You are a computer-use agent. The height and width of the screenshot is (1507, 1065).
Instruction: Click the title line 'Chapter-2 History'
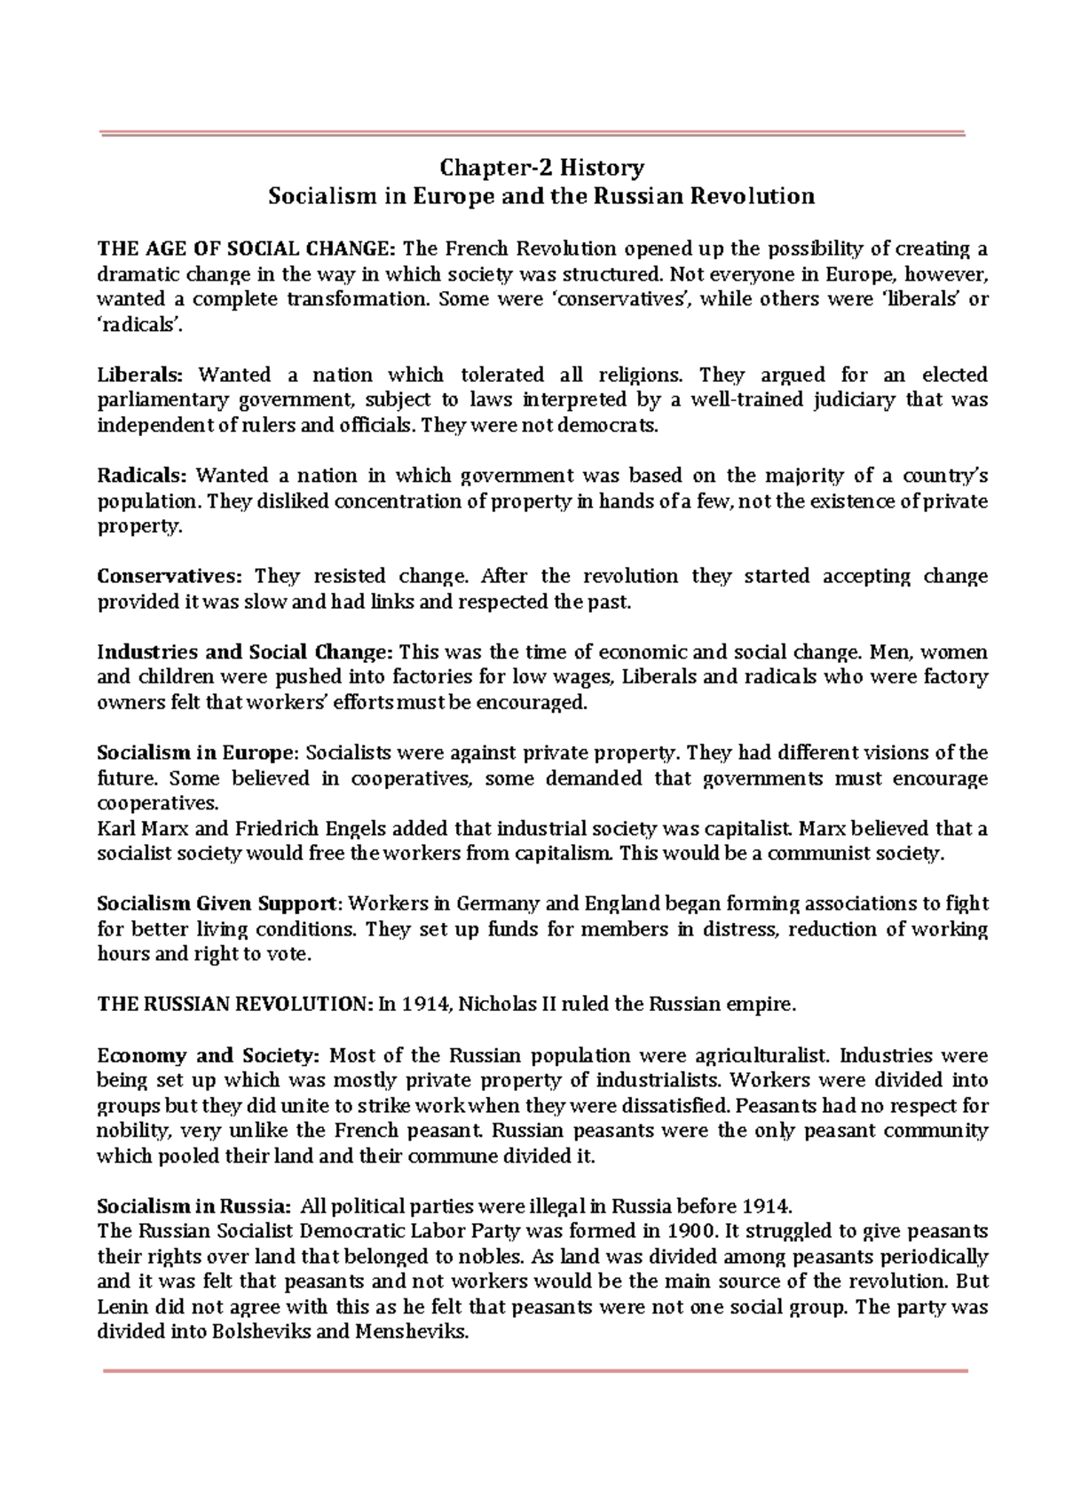click(x=542, y=168)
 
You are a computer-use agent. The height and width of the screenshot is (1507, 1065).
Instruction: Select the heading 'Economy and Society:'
click(x=207, y=1055)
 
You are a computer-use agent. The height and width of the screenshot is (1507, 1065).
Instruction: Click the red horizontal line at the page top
click(x=532, y=133)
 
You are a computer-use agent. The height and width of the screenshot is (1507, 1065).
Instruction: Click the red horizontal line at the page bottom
click(x=535, y=1371)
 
